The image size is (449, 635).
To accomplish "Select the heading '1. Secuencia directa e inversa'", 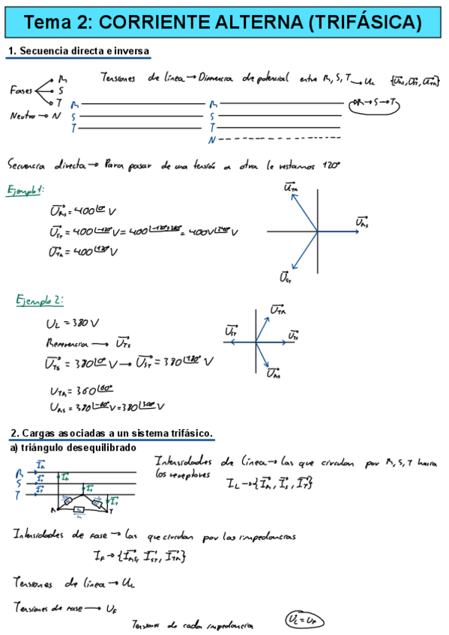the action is point(79,52).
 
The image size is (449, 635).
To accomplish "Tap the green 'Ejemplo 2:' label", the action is point(40,300).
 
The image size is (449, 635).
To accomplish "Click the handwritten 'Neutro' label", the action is point(24,116).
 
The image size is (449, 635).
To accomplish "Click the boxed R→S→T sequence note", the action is point(376,104).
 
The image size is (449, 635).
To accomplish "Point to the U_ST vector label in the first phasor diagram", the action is point(285,277).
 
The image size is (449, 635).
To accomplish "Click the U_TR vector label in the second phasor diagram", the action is point(277,309).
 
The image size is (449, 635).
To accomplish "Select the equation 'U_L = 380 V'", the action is point(67,323).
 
